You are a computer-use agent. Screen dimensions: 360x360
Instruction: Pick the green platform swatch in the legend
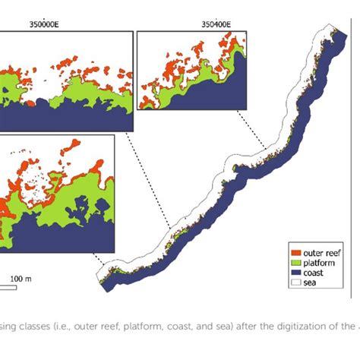(295, 262)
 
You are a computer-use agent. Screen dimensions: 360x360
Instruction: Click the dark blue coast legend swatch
(295, 272)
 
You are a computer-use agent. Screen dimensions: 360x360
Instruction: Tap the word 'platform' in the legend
(320, 262)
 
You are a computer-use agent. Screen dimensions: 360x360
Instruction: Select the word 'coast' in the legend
(314, 272)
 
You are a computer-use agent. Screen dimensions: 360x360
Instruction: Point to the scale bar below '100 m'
(8, 287)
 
